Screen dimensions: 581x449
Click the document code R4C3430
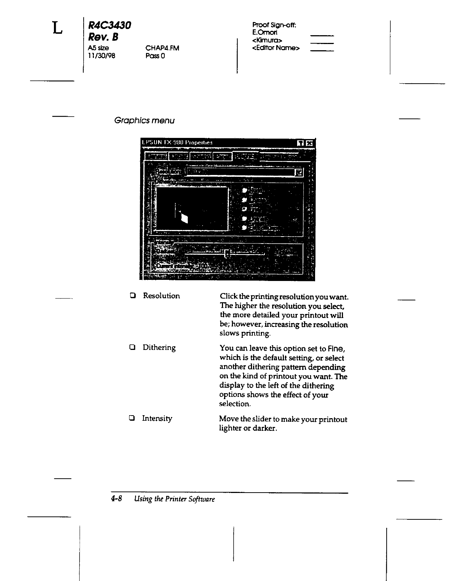tap(109, 26)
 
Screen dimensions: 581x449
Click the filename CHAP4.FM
tap(162, 48)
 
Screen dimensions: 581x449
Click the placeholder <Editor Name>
tap(276, 48)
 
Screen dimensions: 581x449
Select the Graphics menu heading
tap(145, 121)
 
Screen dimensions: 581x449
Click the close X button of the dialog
tap(310, 143)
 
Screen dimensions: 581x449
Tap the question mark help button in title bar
tap(300, 143)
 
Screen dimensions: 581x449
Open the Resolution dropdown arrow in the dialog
tap(299, 172)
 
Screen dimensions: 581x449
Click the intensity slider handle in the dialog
tap(227, 253)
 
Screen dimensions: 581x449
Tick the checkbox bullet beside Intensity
tap(132, 418)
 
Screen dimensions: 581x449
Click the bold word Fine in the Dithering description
tap(337, 348)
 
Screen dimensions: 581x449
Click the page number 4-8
tap(117, 499)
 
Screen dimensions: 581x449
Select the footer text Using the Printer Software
tap(174, 499)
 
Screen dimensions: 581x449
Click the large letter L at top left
tap(57, 28)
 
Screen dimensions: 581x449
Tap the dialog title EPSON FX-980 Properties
tap(177, 143)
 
